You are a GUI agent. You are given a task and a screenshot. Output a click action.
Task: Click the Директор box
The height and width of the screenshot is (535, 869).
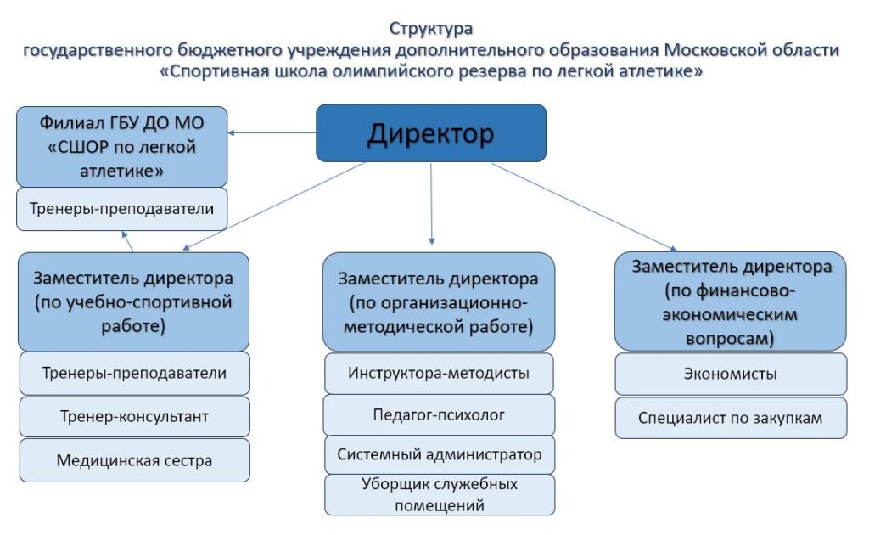(431, 133)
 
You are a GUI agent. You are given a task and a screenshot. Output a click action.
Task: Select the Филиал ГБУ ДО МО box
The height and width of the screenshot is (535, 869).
(122, 147)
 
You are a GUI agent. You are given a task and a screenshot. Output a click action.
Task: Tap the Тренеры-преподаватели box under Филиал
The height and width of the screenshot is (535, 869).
(122, 209)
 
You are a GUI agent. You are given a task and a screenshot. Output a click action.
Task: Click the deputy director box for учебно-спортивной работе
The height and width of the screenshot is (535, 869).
(133, 301)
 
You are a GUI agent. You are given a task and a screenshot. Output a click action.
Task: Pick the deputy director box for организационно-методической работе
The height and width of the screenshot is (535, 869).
(439, 302)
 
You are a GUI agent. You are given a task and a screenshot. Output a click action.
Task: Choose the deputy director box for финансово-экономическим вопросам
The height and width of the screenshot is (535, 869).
(731, 301)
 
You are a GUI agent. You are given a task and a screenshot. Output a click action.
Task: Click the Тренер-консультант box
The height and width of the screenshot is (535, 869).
(135, 416)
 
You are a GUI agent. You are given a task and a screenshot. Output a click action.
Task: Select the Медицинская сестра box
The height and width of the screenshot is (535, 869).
(135, 460)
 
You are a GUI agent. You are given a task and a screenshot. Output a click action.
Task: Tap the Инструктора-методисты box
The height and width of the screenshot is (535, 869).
(439, 373)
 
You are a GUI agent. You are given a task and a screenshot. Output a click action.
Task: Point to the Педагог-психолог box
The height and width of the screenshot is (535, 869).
(439, 414)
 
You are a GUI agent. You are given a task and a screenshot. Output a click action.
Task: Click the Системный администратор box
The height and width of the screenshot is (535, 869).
(440, 454)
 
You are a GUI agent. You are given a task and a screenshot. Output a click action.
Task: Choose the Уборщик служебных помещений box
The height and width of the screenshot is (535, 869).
(440, 494)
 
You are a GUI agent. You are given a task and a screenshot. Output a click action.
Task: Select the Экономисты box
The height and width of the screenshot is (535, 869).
(731, 374)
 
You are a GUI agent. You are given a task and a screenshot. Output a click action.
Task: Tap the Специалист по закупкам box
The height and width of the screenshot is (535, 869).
(731, 418)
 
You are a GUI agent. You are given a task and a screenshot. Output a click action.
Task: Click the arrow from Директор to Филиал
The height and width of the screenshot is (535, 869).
(272, 133)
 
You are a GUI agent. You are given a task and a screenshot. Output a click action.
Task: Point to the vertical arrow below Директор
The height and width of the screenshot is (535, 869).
(431, 204)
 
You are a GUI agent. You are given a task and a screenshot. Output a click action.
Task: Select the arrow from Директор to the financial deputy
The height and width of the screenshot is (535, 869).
(584, 207)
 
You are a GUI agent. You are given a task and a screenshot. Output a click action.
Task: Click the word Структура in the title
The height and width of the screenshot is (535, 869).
(431, 28)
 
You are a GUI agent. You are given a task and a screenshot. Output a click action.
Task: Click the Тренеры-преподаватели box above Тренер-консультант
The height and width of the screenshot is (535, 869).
(135, 373)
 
